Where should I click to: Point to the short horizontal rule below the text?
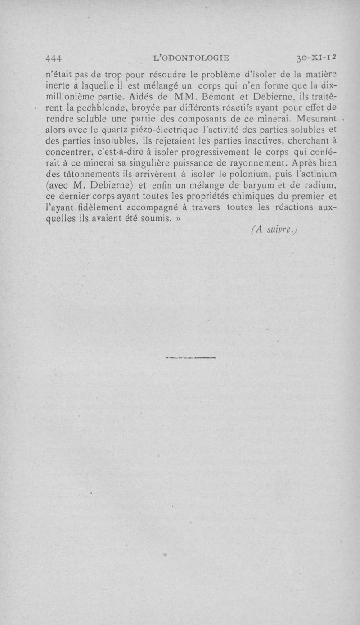tap(191, 358)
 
